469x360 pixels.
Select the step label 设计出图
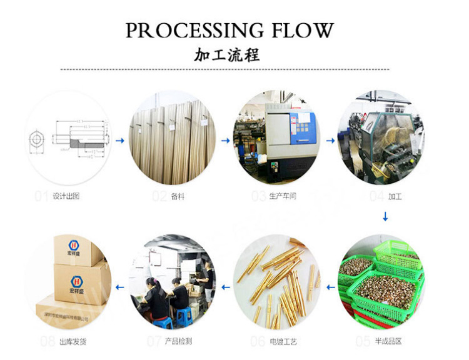coord(66,196)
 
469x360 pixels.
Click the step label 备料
coord(178,196)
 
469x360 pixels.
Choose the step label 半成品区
coord(388,342)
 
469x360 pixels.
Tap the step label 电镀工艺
coord(283,342)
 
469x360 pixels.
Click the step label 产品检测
coord(178,342)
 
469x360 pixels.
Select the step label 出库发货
coord(73,342)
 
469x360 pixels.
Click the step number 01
coord(41,196)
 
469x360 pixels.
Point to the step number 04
coord(376,196)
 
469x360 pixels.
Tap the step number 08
coord(48,342)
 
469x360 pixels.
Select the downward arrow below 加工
coord(385,217)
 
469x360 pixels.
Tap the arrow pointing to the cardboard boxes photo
coord(120,286)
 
